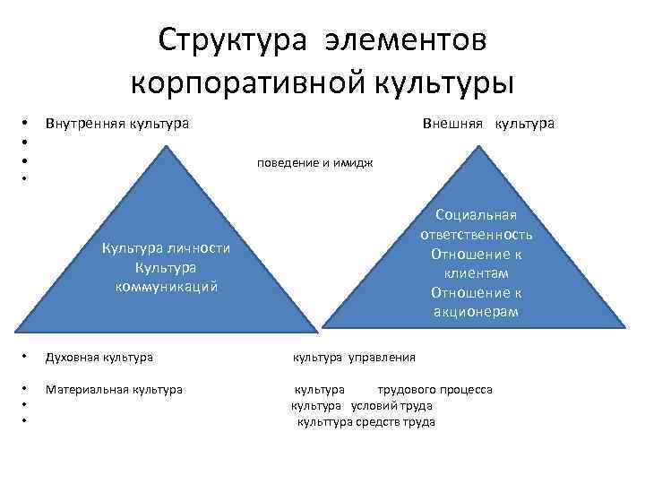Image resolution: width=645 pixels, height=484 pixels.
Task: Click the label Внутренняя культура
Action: (x=116, y=122)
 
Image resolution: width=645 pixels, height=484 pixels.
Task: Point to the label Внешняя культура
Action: (x=488, y=122)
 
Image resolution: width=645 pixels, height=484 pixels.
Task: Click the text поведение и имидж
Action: (x=314, y=163)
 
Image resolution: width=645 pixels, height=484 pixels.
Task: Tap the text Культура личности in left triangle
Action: (x=167, y=249)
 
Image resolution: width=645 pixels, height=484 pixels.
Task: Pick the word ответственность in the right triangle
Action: (x=476, y=234)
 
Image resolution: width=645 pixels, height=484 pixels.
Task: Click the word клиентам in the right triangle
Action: (x=476, y=272)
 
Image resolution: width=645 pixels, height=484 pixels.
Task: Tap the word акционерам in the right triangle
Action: (x=476, y=312)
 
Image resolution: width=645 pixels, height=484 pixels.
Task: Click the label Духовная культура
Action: (x=99, y=357)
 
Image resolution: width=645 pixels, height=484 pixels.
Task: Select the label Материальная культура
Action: (x=114, y=390)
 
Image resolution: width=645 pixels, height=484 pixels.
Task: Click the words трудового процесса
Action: (x=434, y=390)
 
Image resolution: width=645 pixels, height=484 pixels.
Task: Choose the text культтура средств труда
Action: (x=366, y=421)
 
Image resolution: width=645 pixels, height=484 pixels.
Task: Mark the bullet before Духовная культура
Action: (x=26, y=357)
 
